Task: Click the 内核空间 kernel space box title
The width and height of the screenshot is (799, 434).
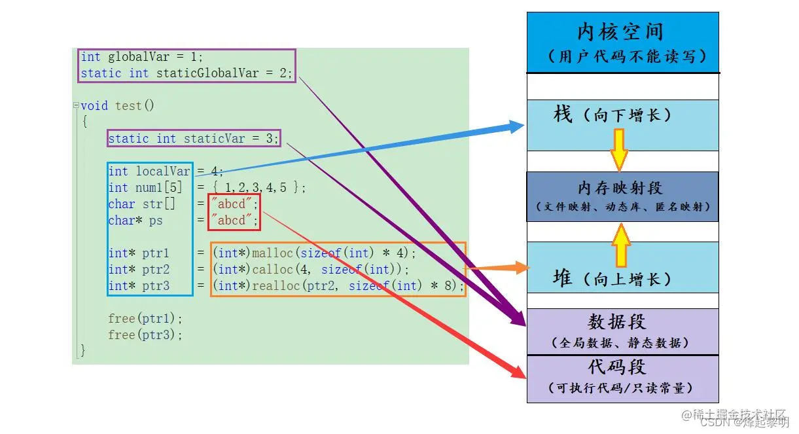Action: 620,31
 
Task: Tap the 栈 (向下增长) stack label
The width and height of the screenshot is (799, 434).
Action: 612,116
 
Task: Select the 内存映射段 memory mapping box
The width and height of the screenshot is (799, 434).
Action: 622,196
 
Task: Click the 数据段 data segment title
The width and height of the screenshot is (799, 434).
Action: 616,322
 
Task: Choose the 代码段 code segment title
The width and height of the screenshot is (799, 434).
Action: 616,367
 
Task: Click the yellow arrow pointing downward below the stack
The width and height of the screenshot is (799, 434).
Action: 619,150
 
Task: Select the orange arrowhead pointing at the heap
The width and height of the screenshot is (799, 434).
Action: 522,267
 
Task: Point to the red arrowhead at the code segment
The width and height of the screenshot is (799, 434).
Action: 520,372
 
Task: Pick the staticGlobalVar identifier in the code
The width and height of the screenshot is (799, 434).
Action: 208,73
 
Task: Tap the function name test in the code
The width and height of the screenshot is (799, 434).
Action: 128,105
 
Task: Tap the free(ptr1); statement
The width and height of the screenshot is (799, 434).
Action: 145,319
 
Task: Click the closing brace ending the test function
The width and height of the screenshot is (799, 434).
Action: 82,351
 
